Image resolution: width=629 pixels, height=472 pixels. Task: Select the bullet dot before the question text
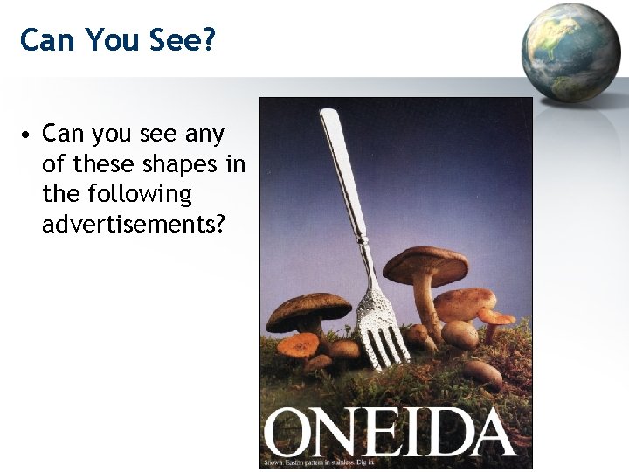pos(29,136)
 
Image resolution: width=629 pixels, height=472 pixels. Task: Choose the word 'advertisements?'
pos(134,224)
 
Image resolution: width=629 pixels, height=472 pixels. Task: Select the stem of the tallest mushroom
pos(427,306)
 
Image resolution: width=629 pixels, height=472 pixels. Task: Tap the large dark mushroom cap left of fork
pos(308,310)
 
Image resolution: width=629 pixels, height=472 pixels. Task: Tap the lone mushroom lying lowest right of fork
pos(482,373)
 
